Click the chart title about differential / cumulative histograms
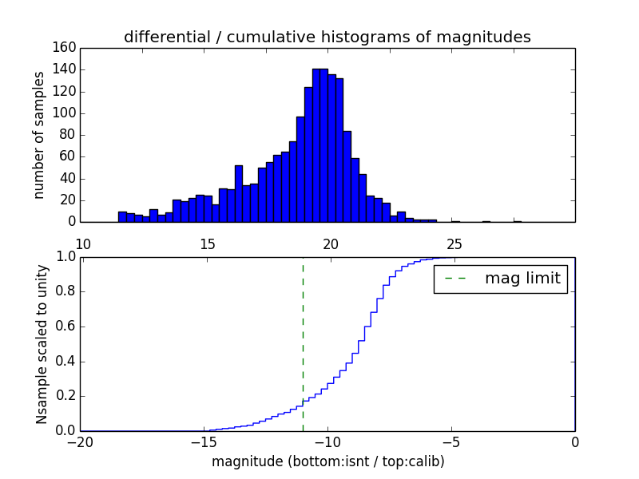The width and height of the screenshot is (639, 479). coord(327,37)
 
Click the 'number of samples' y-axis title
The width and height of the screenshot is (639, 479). coord(39,135)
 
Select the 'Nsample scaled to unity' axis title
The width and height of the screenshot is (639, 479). coord(42,343)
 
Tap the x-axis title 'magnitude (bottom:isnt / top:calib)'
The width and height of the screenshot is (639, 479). coord(327,461)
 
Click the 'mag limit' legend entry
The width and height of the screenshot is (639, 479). coord(522,279)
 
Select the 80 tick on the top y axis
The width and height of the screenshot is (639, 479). coord(66,135)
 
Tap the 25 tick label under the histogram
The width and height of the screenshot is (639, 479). coord(454,243)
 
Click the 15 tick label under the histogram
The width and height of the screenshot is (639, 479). coord(207,243)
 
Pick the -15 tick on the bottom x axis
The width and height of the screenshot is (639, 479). coord(204,441)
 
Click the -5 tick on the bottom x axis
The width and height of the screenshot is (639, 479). coord(451,441)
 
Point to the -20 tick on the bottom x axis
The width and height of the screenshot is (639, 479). coord(81,441)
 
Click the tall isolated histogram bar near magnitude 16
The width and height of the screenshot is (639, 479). coord(238,193)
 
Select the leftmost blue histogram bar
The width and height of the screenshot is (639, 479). coord(122,216)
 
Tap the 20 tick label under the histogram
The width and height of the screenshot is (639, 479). coord(331,243)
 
